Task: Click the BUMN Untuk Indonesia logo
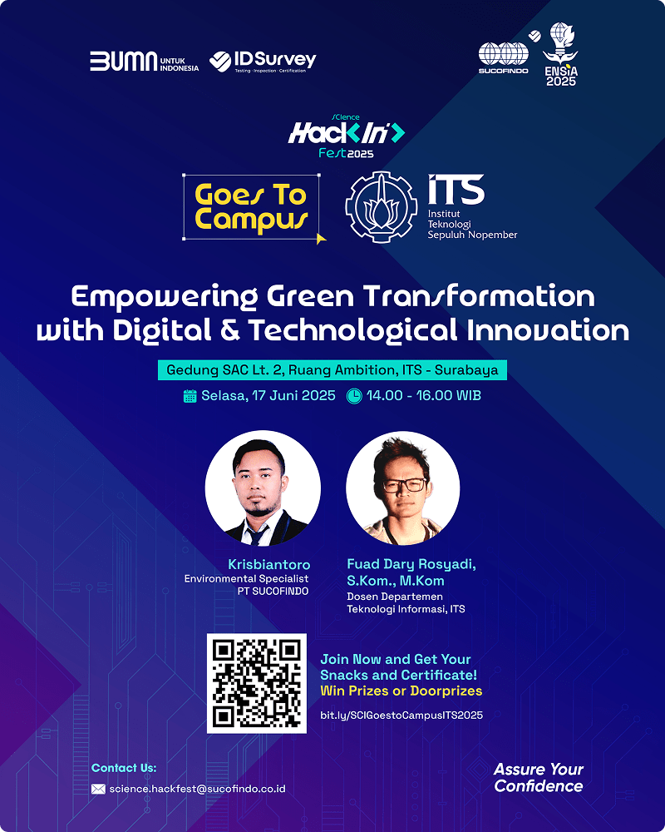click(145, 62)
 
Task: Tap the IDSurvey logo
click(263, 62)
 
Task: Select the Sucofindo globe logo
click(503, 58)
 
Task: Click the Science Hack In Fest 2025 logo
click(347, 136)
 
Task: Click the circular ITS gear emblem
click(382, 207)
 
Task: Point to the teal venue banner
click(332, 370)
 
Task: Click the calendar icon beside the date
click(190, 396)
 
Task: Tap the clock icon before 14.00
click(354, 396)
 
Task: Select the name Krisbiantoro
click(268, 564)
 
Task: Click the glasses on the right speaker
click(405, 485)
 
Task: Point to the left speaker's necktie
click(257, 535)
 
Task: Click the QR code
click(257, 683)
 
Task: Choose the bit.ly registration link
click(401, 716)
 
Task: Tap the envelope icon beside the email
click(98, 789)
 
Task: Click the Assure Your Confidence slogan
click(539, 777)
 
